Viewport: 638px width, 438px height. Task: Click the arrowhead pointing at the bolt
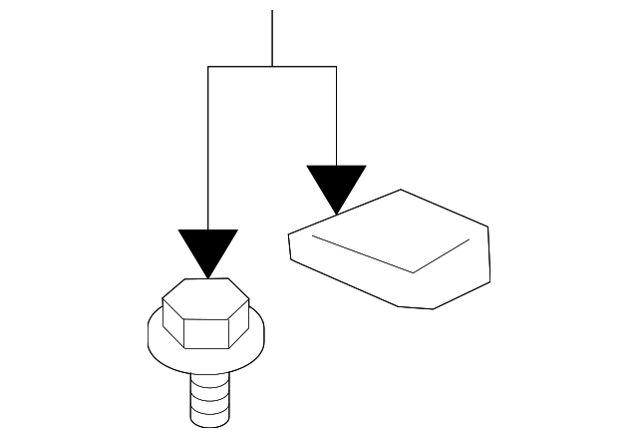coord(207,247)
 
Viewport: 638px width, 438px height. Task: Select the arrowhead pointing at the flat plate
coord(336,185)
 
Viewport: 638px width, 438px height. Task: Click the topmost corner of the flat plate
coord(401,189)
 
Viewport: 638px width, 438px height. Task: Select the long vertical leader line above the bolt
coord(207,150)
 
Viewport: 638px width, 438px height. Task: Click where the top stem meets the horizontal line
coord(272,67)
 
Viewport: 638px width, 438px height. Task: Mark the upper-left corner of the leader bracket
coord(207,67)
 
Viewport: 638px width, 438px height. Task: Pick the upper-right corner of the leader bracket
coord(336,67)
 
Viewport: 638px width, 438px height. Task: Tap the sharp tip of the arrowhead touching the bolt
coord(207,276)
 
